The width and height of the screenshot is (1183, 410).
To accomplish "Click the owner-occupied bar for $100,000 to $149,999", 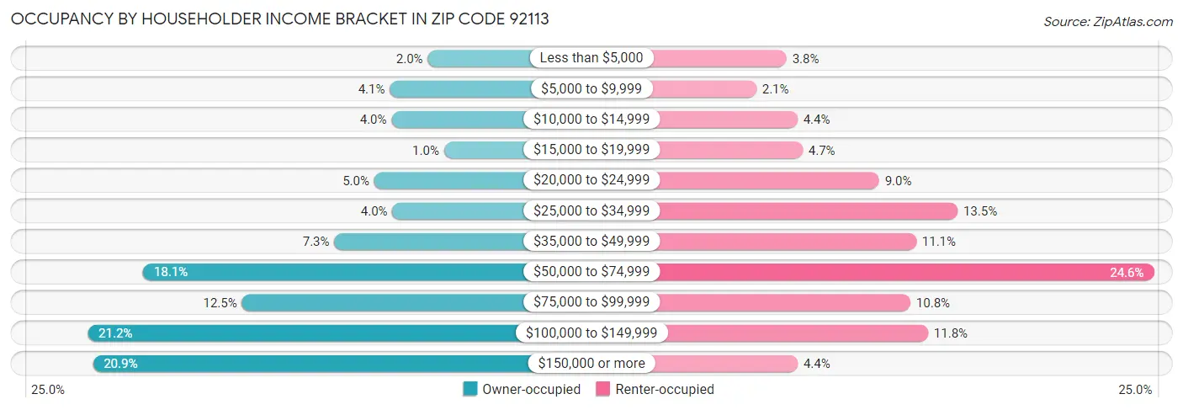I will (303, 333).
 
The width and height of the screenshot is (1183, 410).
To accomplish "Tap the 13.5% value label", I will (980, 210).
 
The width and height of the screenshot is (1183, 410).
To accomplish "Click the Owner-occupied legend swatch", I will (470, 389).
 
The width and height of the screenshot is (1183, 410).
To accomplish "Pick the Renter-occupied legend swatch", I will (602, 389).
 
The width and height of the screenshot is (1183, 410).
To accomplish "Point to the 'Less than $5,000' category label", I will (591, 58).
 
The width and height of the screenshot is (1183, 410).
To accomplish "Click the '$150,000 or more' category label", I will (591, 364).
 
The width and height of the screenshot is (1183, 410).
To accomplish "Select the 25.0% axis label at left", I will (48, 390).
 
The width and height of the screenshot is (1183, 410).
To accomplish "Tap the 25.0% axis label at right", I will (1134, 390).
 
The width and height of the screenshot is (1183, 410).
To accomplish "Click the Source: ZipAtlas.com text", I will (1107, 20).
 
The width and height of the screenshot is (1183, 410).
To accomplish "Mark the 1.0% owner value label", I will (426, 150).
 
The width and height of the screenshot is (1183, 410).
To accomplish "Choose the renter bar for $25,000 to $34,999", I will (808, 210).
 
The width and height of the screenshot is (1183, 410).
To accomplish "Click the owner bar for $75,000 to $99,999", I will (383, 302).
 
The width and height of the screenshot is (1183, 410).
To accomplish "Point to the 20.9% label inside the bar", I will (119, 364).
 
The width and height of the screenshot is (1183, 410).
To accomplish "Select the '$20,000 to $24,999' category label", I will (591, 180).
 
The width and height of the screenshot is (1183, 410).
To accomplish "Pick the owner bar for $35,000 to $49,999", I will (429, 242).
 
